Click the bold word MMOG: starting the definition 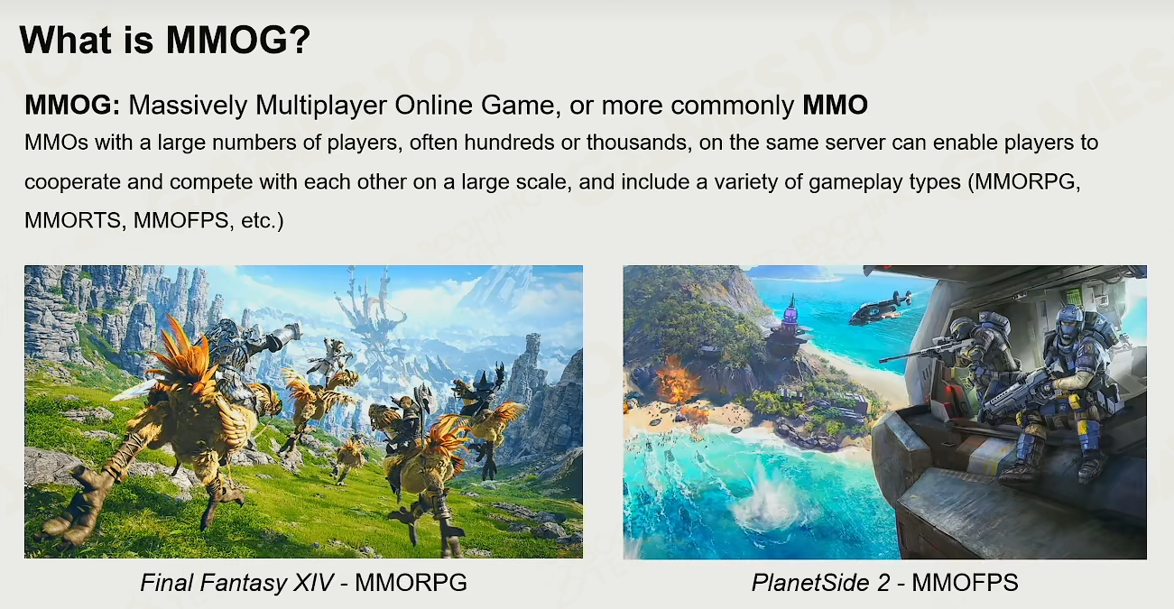(x=72, y=105)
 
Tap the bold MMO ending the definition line (x=835, y=105)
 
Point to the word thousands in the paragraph (x=637, y=143)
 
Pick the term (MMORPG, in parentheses (x=1023, y=182)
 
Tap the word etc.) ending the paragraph (x=262, y=221)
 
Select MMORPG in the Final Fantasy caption (x=411, y=582)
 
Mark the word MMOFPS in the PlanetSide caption (x=965, y=583)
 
